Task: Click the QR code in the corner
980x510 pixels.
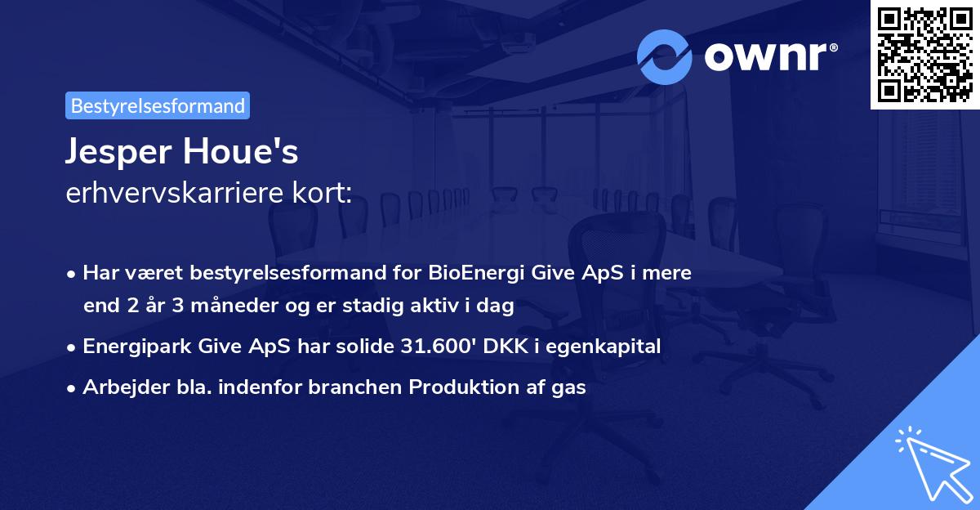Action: [924, 54]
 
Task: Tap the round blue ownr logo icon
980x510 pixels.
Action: [665, 57]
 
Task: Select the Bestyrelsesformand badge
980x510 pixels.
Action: [158, 105]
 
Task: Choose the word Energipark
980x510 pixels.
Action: [136, 347]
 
